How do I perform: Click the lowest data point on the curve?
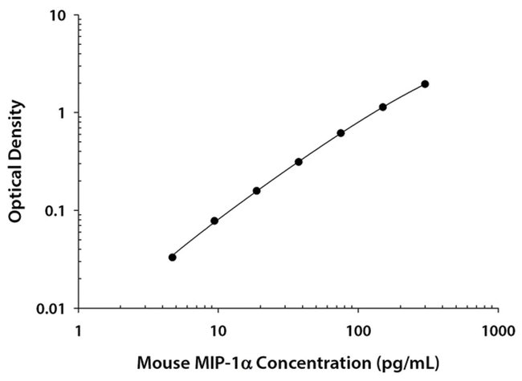(173, 257)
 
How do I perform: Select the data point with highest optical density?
(425, 84)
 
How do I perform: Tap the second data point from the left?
(214, 221)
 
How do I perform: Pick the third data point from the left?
(257, 191)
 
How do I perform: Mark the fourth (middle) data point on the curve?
(299, 161)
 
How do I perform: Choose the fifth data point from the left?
(341, 132)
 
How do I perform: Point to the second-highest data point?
(383, 107)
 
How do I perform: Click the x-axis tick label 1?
(78, 329)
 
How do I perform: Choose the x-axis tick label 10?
(217, 329)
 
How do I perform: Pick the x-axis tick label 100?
(358, 329)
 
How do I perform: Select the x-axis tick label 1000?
(498, 329)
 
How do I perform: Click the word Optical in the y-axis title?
(15, 190)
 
